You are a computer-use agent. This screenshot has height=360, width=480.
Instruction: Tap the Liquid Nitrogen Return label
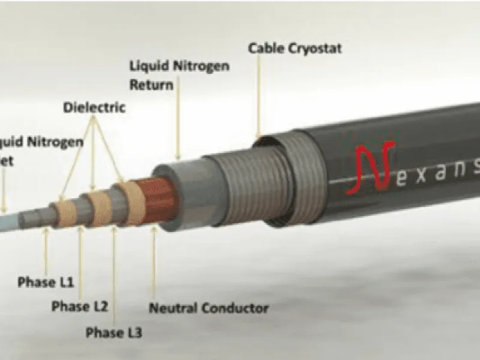(179, 75)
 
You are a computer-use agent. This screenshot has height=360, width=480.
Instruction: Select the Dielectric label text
(94, 108)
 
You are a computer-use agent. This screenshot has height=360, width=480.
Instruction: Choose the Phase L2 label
(79, 307)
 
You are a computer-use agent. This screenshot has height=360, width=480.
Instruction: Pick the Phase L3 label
(114, 332)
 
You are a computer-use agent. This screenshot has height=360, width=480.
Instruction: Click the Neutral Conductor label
(208, 308)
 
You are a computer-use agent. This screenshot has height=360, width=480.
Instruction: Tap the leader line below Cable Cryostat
(259, 96)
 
